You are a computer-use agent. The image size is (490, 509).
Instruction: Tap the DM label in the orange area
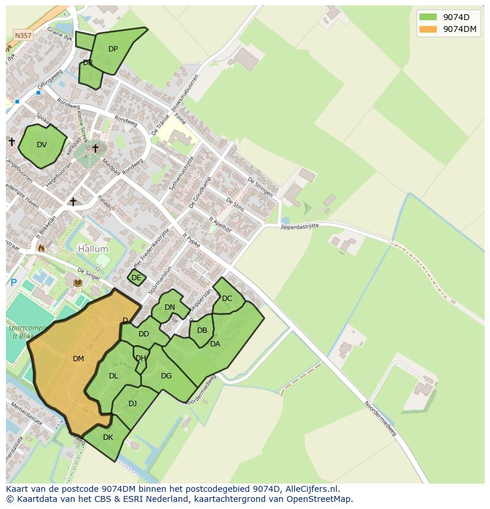pos(78,359)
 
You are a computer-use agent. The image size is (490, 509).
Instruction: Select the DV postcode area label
pos(41,145)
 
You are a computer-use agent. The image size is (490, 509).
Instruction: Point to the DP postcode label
pos(113,49)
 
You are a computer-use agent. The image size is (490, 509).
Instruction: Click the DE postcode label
pos(136,278)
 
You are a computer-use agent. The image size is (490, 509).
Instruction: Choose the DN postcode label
pos(170,307)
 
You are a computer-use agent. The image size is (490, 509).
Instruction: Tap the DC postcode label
pos(227,299)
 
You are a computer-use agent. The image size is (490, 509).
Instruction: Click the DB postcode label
pos(202,330)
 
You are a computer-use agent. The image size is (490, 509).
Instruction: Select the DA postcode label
pos(215,344)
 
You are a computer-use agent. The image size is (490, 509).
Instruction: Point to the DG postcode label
pos(166,376)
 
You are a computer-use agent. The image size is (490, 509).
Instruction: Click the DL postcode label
pos(114,376)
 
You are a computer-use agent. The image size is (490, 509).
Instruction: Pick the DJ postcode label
pos(133,404)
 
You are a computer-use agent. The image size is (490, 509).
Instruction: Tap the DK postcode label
pos(108,437)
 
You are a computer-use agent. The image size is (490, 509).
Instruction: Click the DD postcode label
pos(144,334)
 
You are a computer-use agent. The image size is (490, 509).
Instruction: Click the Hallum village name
pos(93,249)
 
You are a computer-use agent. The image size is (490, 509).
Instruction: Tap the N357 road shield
pos(23,35)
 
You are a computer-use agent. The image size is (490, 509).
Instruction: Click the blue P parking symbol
pos(14,283)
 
